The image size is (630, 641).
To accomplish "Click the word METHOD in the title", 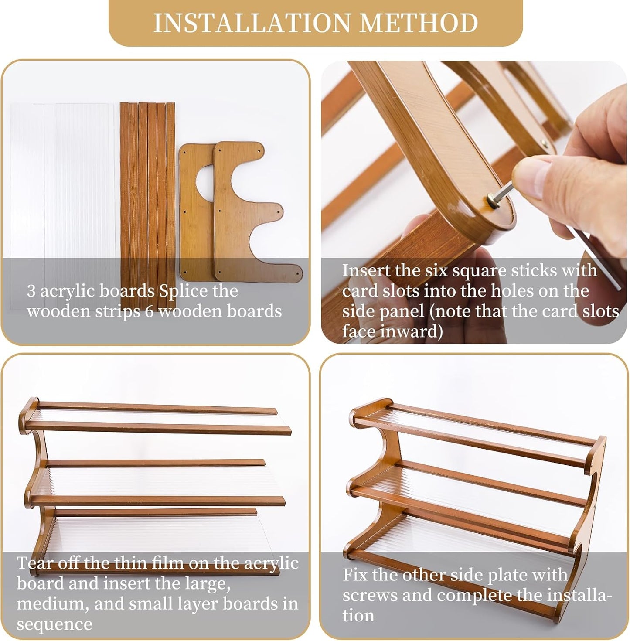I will [419, 23].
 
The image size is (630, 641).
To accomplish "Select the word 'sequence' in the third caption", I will [54, 624].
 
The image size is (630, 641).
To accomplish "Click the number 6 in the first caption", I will [150, 311].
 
